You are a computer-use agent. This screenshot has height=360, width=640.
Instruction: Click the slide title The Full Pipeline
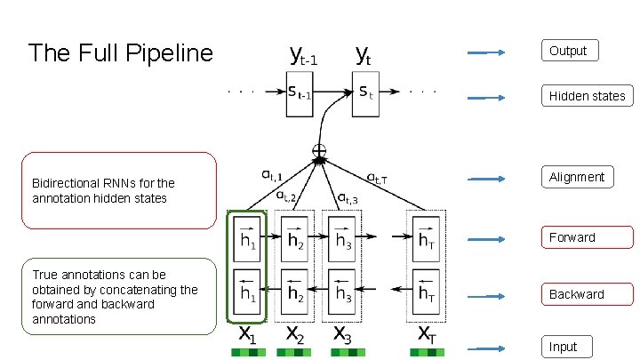click(x=121, y=53)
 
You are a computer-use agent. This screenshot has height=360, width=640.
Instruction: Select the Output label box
click(x=569, y=51)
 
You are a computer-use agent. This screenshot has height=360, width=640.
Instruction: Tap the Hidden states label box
click(x=587, y=96)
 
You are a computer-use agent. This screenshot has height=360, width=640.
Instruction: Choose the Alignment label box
click(x=576, y=177)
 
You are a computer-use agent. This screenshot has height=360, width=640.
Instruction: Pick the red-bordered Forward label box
click(x=588, y=237)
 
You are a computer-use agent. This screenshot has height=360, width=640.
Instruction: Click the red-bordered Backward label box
click(x=588, y=294)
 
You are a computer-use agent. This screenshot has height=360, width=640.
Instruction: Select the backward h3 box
click(x=341, y=290)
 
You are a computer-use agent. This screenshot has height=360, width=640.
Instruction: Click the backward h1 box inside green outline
click(x=247, y=290)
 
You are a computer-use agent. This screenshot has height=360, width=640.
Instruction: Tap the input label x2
click(x=294, y=335)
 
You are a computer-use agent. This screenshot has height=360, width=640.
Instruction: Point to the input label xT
click(x=426, y=335)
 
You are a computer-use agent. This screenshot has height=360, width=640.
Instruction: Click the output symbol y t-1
click(x=304, y=56)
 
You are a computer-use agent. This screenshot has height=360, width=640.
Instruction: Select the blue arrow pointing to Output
click(x=487, y=52)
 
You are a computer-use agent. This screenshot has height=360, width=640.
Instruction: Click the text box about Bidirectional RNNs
click(x=117, y=190)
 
